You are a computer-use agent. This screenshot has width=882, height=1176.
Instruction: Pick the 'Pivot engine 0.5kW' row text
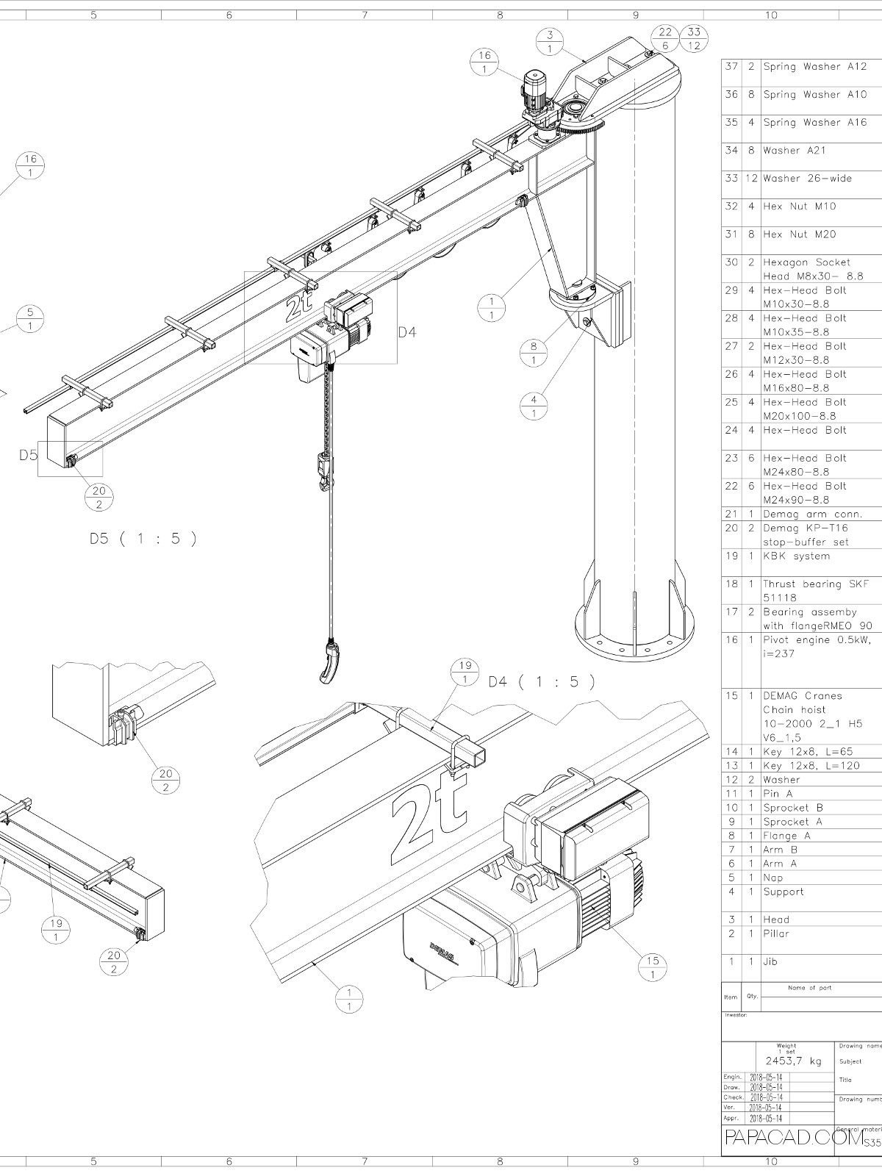tap(816, 640)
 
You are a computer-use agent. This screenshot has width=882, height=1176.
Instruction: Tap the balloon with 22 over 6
tap(664, 38)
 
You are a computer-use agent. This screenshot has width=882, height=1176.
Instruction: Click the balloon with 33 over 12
tap(693, 38)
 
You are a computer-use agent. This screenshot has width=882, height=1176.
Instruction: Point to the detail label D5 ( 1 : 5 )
tap(143, 538)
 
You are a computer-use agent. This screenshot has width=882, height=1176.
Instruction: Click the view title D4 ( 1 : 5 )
tap(541, 681)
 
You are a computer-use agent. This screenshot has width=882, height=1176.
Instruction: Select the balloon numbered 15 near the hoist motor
tap(653, 968)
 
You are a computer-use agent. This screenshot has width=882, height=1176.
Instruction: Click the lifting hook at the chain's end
tap(331, 662)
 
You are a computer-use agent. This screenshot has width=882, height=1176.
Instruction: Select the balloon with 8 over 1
tap(534, 353)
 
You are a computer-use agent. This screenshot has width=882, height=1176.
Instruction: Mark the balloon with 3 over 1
tap(550, 41)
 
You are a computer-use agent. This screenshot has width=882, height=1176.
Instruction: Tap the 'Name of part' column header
tap(809, 988)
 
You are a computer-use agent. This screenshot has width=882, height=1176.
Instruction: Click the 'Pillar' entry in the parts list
tap(777, 933)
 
